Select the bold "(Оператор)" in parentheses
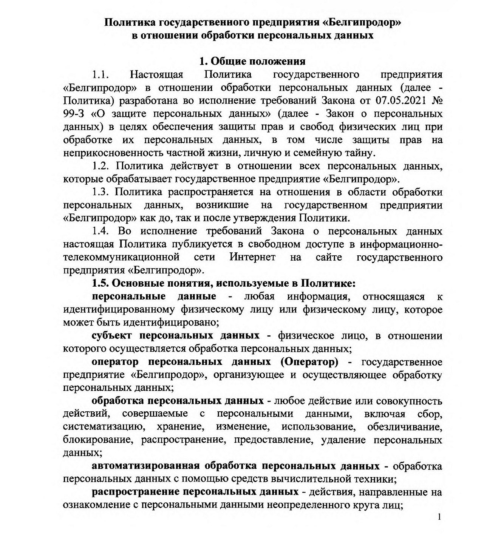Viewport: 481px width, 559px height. tap(309, 362)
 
